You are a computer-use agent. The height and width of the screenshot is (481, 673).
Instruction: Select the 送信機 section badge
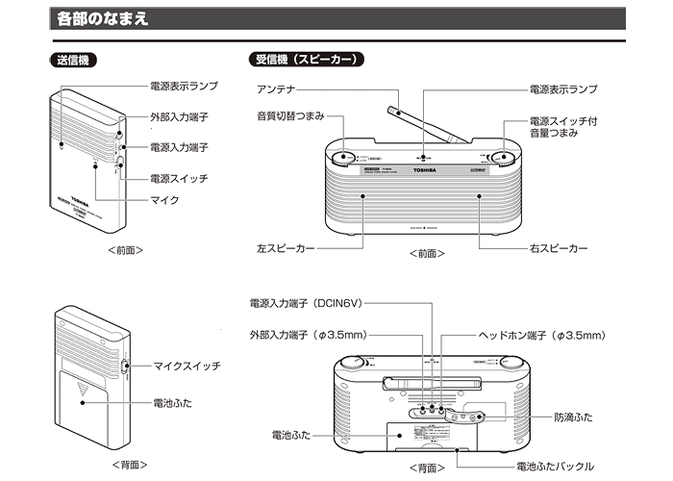72,60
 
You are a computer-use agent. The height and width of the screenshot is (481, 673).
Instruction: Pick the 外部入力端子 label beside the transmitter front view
179,116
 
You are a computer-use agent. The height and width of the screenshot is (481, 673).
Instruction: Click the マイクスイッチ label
186,366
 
